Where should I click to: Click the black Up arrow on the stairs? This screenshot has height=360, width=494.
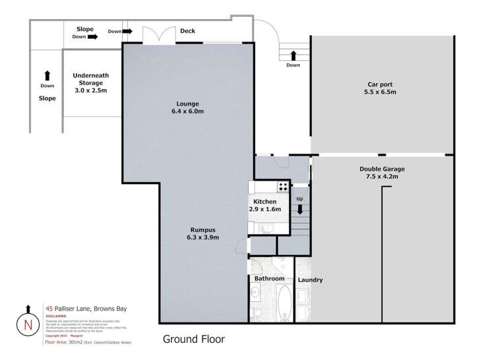pyautogui.click(x=300, y=210)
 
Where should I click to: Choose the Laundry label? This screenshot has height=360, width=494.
pyautogui.click(x=310, y=280)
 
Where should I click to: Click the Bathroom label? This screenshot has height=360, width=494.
pyautogui.click(x=269, y=279)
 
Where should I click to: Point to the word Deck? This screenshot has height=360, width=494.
pyautogui.click(x=187, y=30)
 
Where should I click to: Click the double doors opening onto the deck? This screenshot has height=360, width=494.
pyautogui.click(x=160, y=36)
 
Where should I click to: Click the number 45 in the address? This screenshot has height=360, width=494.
pyautogui.click(x=49, y=308)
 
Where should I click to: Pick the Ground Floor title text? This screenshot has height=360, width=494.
pyautogui.click(x=194, y=340)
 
